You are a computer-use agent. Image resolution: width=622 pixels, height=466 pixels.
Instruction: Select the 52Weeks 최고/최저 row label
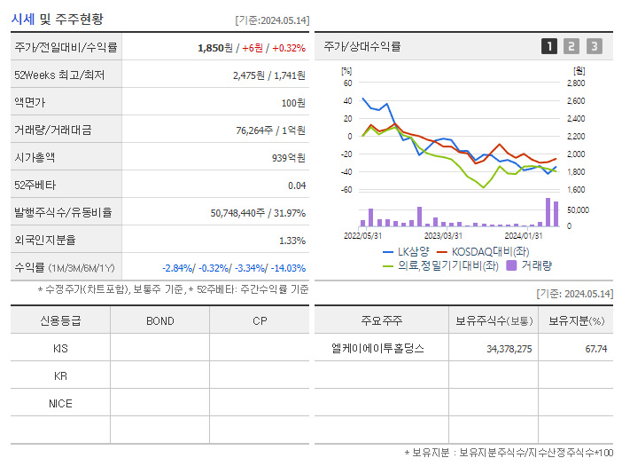point(59,75)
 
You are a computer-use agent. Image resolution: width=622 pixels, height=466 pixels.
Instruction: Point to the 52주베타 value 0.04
point(297,185)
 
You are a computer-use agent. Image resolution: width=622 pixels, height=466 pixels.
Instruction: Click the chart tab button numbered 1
point(549,46)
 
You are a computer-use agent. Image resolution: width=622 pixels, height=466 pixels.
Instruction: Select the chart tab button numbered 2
point(571,46)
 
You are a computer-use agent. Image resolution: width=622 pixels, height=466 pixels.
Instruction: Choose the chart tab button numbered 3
point(594,46)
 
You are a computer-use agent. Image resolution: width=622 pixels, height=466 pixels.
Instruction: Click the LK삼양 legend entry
point(413,251)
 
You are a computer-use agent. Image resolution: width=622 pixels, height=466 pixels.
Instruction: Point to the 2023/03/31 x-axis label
point(443,235)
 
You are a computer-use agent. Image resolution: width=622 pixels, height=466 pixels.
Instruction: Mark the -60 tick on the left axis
point(346,189)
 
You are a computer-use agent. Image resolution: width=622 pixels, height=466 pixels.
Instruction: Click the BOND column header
point(159,320)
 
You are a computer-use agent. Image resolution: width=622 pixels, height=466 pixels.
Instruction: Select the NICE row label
point(60,403)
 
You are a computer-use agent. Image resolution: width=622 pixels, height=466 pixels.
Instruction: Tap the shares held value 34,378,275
point(509,348)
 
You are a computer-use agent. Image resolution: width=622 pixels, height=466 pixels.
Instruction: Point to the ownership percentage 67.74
point(595,348)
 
